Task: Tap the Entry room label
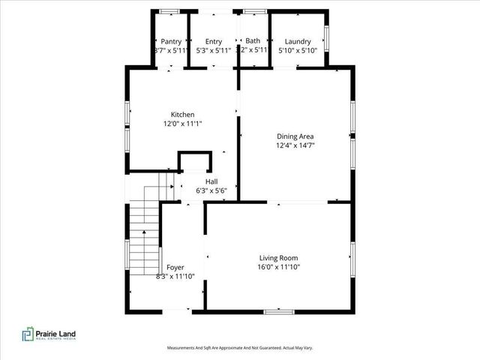click(214, 42)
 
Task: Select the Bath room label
click(253, 41)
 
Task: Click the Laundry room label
click(297, 42)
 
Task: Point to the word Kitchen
click(182, 115)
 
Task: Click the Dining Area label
click(295, 136)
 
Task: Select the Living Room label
click(279, 258)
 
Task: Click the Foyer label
click(175, 267)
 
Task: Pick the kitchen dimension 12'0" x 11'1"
click(182, 124)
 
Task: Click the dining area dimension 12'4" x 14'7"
click(295, 145)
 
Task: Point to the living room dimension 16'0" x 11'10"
click(279, 267)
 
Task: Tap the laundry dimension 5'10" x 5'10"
click(297, 51)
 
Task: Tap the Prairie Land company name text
click(57, 333)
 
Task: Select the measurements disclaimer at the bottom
click(239, 348)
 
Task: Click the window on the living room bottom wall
click(277, 310)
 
